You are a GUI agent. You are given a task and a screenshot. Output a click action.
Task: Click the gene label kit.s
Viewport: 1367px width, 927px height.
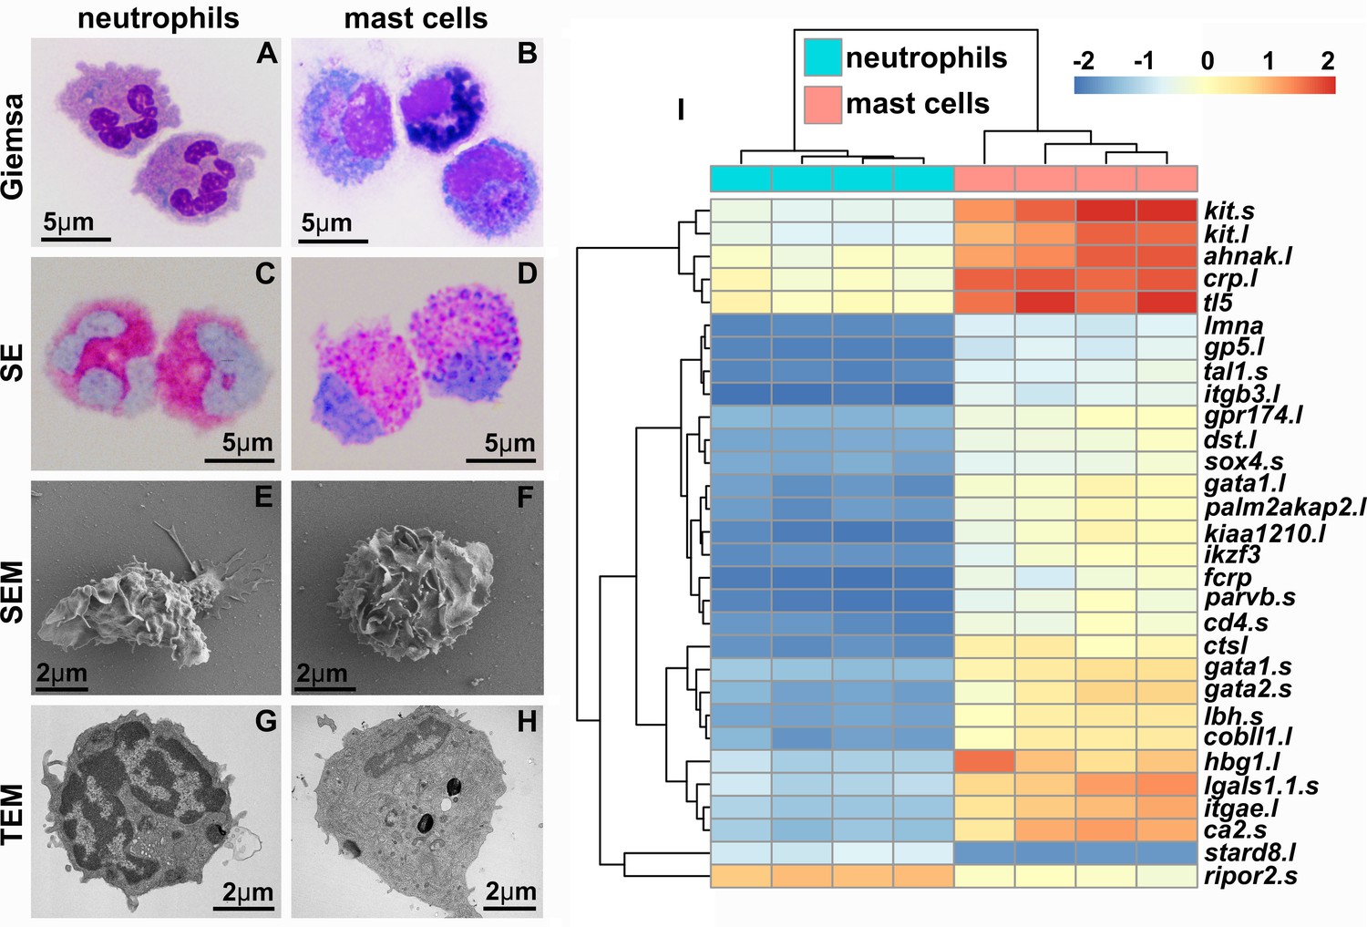pyautogui.click(x=1228, y=211)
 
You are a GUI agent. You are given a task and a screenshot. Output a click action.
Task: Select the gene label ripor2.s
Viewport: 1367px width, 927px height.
pyautogui.click(x=1250, y=876)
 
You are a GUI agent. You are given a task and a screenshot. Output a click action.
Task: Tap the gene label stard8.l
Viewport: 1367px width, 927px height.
pyautogui.click(x=1249, y=853)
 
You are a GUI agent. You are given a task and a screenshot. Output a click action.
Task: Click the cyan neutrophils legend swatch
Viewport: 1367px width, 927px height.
pyautogui.click(x=822, y=57)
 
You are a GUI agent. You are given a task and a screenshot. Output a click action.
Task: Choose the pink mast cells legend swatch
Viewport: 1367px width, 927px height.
pyautogui.click(x=822, y=104)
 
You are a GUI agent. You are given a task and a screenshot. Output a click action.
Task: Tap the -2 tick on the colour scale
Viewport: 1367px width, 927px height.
pyautogui.click(x=1084, y=61)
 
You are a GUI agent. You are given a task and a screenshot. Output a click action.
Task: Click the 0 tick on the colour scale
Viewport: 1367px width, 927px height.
pyautogui.click(x=1207, y=61)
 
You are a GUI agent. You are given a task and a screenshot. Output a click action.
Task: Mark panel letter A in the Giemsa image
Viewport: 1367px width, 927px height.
pyautogui.click(x=266, y=54)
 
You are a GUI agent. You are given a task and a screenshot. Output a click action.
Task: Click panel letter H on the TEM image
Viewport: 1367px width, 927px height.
pyautogui.click(x=527, y=722)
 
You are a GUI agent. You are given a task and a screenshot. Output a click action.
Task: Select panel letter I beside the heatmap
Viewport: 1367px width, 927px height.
pyautogui.click(x=680, y=110)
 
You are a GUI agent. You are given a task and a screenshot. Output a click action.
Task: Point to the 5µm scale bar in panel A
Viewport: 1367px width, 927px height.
pyautogui.click(x=77, y=239)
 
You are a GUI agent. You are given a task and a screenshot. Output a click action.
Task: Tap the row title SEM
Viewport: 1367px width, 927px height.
pyautogui.click(x=13, y=591)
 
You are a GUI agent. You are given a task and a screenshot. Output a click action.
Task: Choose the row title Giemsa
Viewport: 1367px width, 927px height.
pyautogui.click(x=13, y=146)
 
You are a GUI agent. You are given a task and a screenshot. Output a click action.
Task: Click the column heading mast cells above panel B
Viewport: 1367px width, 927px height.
pyautogui.click(x=416, y=18)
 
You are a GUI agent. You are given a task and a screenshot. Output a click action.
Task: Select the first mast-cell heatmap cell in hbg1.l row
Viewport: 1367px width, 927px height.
pyautogui.click(x=984, y=761)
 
